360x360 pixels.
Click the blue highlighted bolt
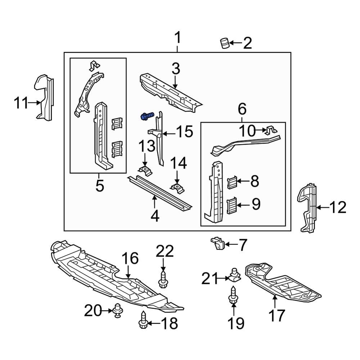coord(147,116)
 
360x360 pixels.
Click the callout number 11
coord(21,103)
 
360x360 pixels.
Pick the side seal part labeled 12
coord(309,208)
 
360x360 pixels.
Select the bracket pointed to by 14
coord(176,187)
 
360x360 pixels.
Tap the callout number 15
coord(184,132)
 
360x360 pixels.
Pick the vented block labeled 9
coord(233,205)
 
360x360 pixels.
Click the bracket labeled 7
coord(218,244)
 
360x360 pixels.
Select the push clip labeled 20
coord(117,311)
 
